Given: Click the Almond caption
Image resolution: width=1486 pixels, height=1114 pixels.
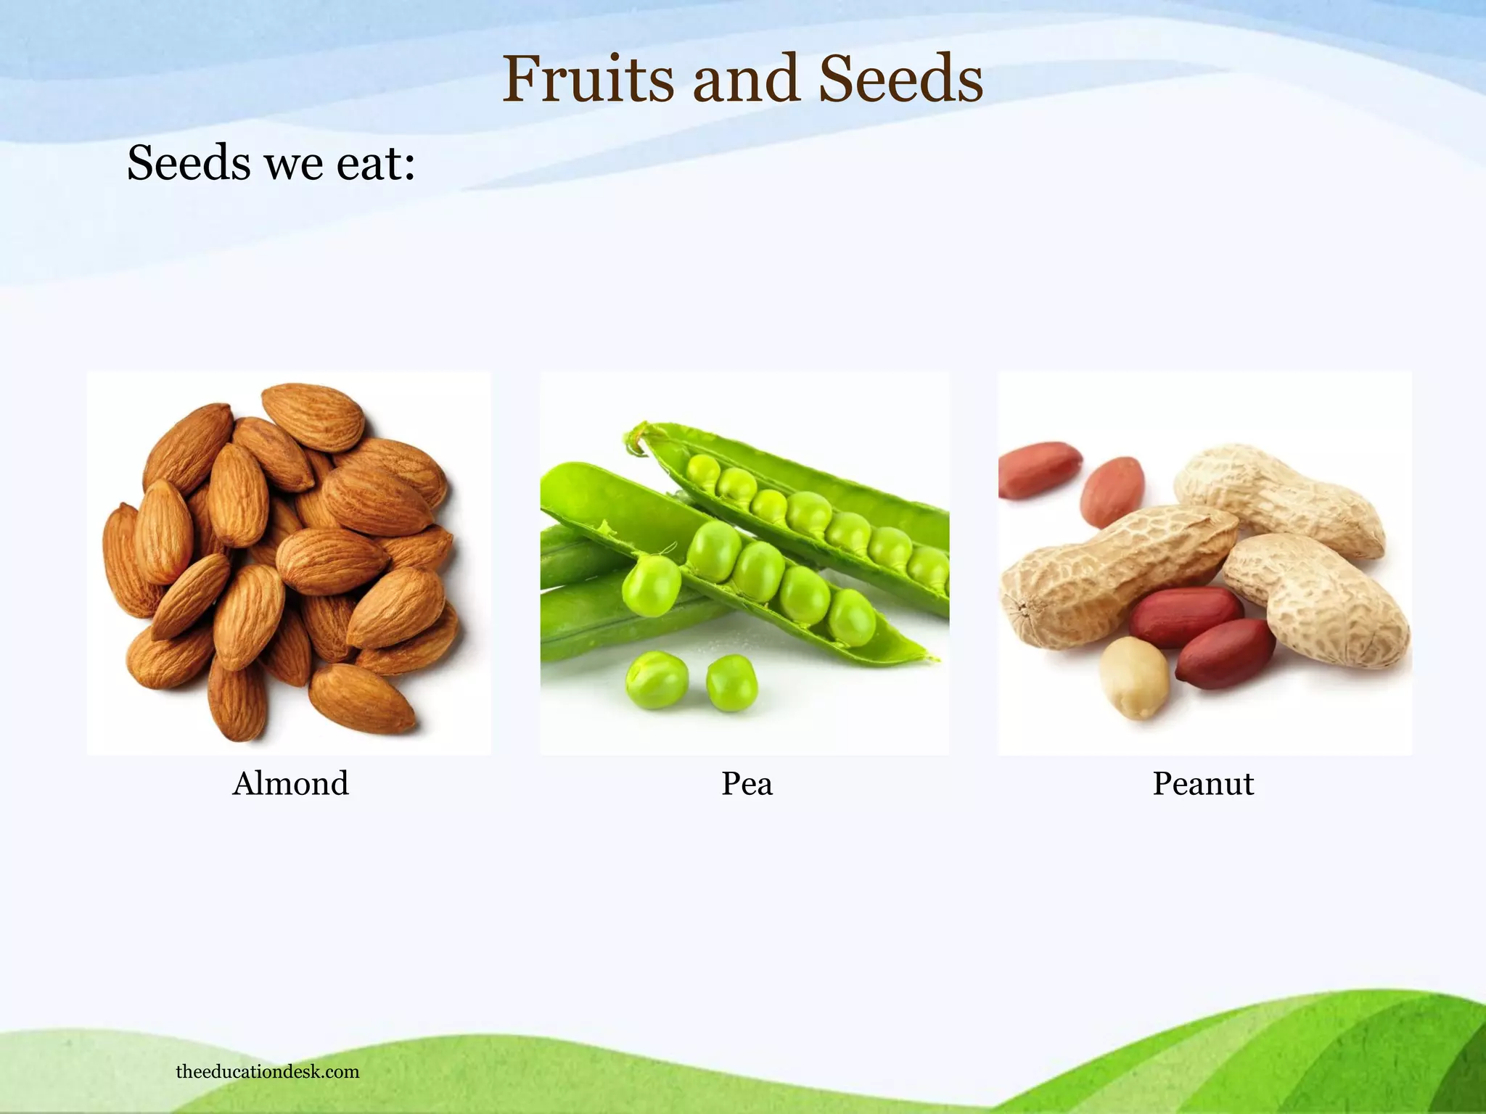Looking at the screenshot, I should [290, 783].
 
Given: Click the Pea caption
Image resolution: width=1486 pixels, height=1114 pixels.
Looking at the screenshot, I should [747, 783].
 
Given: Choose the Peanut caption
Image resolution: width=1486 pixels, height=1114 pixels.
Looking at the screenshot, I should [1203, 783].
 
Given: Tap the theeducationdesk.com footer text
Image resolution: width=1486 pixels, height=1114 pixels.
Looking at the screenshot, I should [267, 1071].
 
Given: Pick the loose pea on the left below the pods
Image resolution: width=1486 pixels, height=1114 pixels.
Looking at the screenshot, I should [656, 680].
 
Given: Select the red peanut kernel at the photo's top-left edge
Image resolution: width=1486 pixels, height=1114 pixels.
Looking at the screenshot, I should [1038, 469].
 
